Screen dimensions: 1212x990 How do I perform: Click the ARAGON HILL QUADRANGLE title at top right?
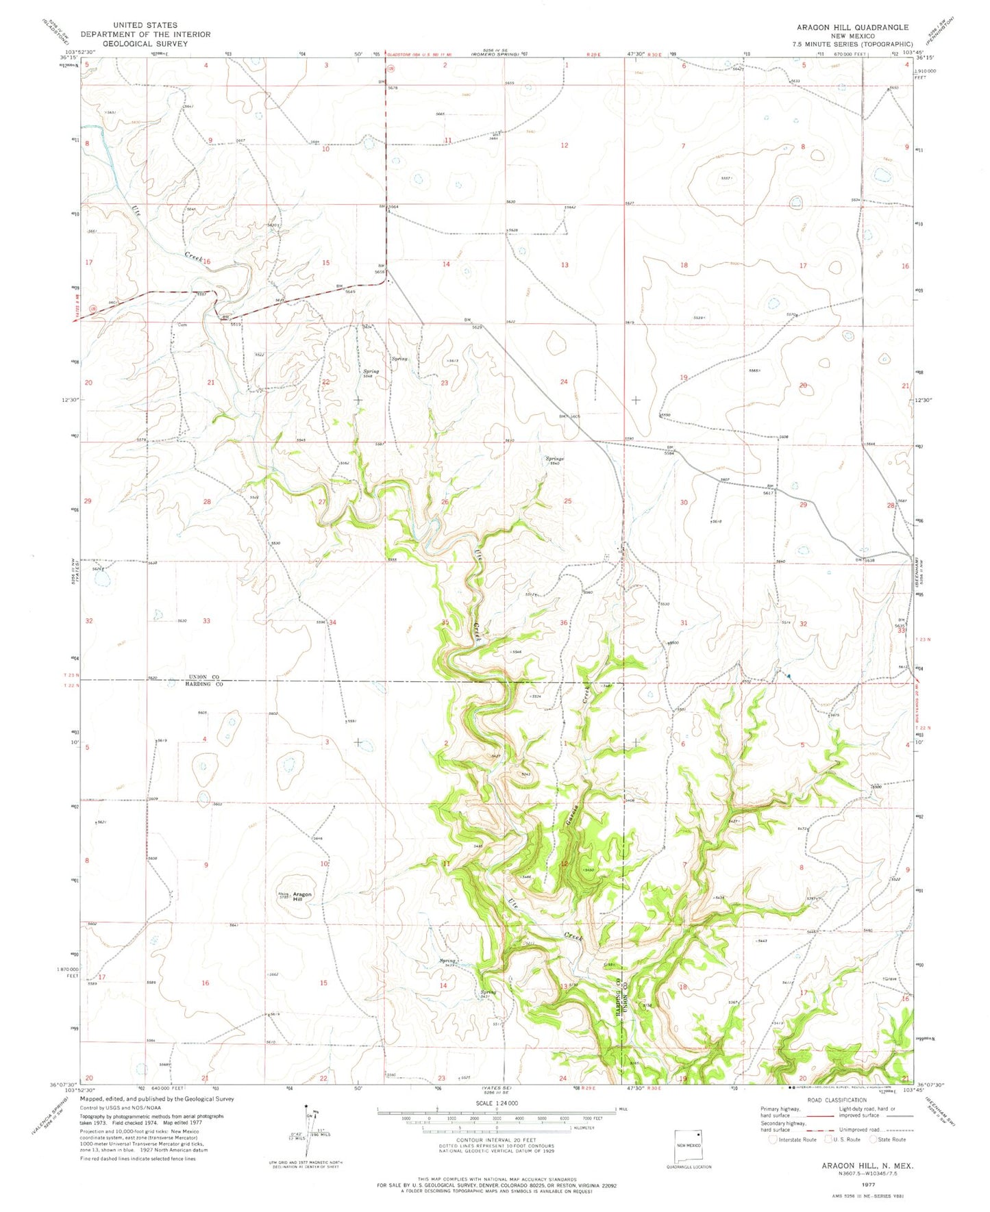[852, 27]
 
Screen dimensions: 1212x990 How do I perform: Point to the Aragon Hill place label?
[302, 896]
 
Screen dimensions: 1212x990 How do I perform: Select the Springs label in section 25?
[554, 459]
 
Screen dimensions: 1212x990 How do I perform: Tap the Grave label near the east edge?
[891, 979]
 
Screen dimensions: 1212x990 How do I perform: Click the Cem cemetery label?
[183, 325]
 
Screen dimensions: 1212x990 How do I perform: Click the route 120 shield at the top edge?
[391, 69]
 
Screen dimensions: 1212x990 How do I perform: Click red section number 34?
[333, 622]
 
